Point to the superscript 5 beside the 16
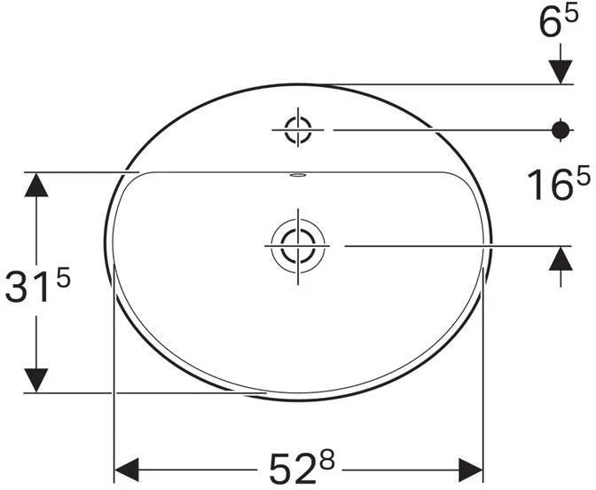[582, 176]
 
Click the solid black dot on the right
[560, 130]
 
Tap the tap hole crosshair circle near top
[297, 130]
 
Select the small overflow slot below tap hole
[297, 175]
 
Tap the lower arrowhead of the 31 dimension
[35, 379]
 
